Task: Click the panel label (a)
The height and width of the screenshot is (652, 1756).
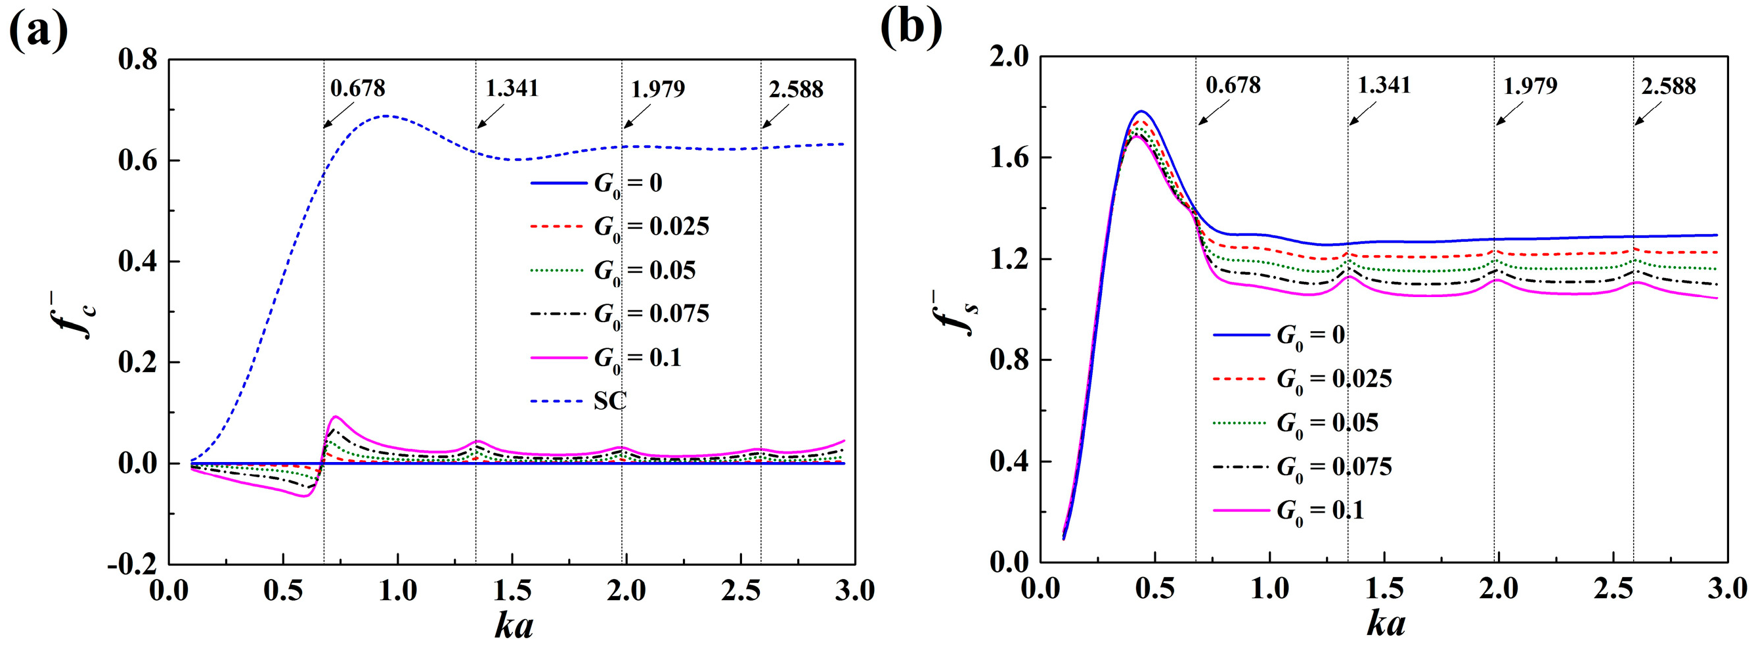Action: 39,31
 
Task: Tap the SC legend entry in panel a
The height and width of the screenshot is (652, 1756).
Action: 609,400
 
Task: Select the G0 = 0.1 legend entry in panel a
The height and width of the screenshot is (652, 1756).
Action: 637,358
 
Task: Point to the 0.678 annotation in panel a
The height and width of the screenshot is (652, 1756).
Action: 358,88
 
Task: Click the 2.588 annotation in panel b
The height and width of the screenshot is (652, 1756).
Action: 1668,86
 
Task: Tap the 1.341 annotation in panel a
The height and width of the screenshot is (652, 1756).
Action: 512,88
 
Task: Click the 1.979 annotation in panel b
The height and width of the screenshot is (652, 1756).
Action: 1529,86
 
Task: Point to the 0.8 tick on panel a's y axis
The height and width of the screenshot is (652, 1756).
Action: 138,59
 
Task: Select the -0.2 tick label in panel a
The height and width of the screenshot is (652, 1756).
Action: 131,565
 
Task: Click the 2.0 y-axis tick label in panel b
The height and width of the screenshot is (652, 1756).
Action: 1009,57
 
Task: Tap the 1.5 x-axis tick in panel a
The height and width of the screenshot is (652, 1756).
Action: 512,590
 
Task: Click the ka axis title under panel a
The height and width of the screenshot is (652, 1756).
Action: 514,626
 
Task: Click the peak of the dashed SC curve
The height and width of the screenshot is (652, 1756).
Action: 387,115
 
